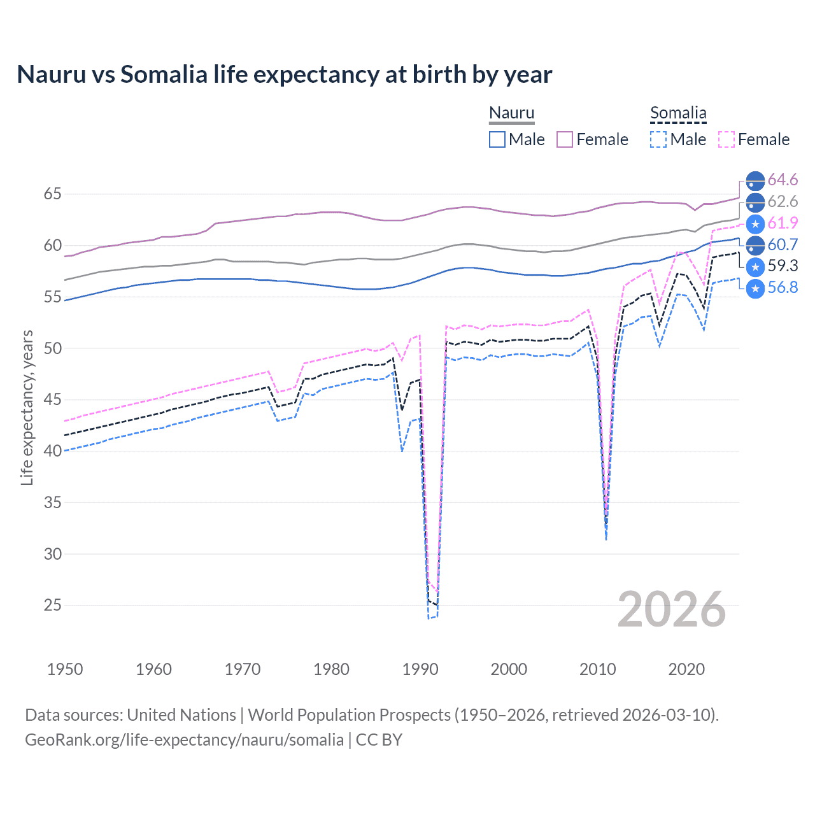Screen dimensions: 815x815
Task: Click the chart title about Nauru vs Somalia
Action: pos(284,74)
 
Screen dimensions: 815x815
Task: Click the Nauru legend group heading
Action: pos(511,113)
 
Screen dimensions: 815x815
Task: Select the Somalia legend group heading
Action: pos(678,113)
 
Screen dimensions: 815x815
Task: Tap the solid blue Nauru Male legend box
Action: pos(497,139)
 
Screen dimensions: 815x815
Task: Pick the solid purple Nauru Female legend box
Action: pos(565,139)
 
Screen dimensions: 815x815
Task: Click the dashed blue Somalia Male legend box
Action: pos(658,139)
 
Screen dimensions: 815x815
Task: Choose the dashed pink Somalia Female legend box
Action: pos(726,139)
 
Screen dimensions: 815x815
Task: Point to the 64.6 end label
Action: pos(783,180)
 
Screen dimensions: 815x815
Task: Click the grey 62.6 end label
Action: pos(783,202)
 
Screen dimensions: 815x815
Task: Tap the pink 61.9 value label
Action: pos(783,223)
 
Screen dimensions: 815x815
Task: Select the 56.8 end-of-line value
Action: pos(783,288)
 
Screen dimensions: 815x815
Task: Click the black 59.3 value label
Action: pos(783,266)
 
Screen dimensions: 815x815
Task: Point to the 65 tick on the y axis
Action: pos(52,194)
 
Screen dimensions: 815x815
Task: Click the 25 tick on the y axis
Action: pos(52,605)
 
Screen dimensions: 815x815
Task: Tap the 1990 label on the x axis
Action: pos(420,669)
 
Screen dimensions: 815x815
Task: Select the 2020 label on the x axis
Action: pos(686,669)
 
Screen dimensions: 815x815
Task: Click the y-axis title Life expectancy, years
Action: pos(27,407)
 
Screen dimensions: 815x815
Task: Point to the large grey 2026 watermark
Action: pos(672,609)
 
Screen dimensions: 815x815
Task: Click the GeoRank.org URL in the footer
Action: pos(184,740)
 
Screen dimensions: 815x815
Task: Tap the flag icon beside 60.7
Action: pos(755,244)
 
